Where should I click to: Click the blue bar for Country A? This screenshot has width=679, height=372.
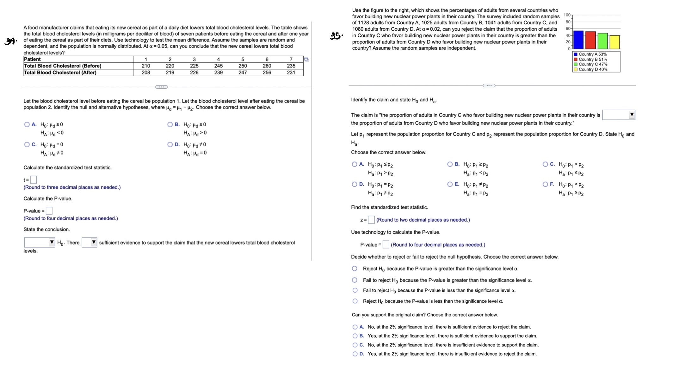578,40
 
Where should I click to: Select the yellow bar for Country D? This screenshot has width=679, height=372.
614,42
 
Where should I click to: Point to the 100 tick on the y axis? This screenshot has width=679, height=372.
567,15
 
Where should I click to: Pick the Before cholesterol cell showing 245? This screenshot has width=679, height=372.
218,66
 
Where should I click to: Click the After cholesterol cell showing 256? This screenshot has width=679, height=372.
267,73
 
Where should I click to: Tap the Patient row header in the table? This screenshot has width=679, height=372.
33,59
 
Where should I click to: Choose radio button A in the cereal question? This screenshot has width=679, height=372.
27,125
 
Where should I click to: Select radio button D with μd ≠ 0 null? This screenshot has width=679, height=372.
170,145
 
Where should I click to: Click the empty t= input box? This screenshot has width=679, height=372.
33,180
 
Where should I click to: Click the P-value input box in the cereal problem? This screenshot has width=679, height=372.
49,211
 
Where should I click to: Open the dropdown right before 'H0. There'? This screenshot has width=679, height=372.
40,243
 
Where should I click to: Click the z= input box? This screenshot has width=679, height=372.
372,220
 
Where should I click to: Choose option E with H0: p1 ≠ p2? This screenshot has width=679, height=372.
450,184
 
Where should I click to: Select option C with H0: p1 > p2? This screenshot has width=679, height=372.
545,164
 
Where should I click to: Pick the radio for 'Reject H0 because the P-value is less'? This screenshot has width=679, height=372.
355,301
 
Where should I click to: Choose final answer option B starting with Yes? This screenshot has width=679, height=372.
355,336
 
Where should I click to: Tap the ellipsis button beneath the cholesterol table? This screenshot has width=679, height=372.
161,87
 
